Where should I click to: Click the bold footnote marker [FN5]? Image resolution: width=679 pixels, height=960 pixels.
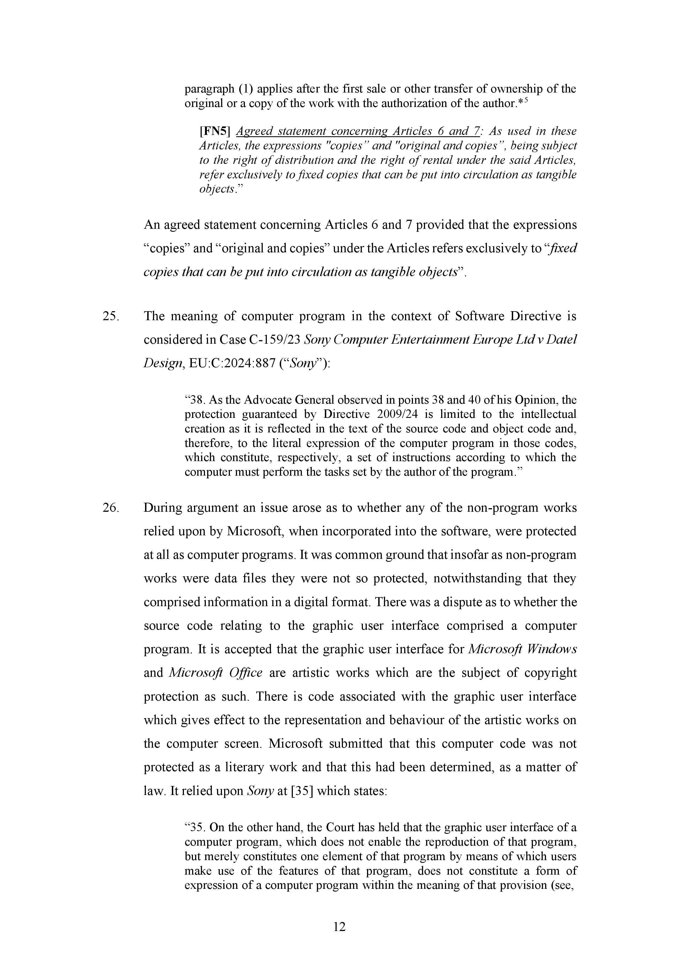pos(215,131)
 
